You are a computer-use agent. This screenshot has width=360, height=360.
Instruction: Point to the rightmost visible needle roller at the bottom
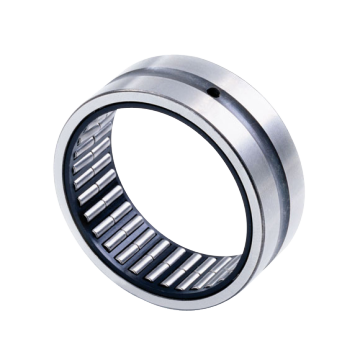[228, 268]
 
